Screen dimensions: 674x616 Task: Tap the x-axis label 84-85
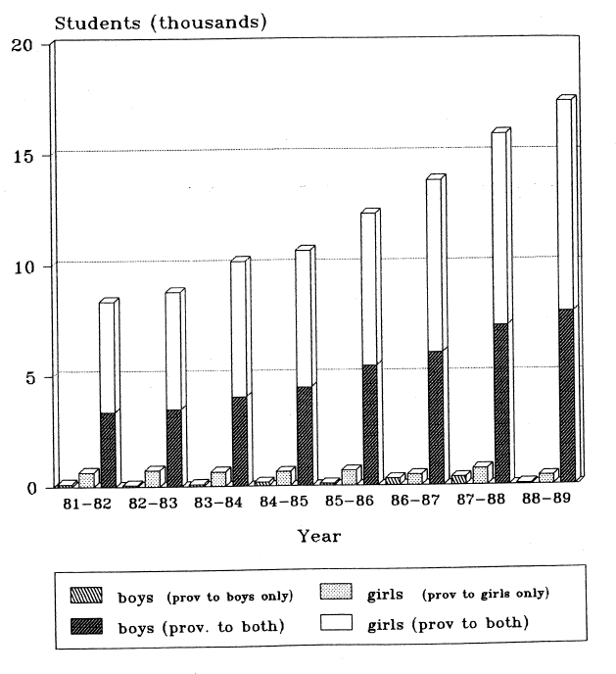click(x=285, y=503)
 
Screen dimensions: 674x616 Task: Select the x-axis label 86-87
click(x=415, y=502)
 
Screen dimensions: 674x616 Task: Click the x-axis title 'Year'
click(x=319, y=536)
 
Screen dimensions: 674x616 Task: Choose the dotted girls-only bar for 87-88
click(x=480, y=473)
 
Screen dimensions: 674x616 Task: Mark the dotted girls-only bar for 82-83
click(x=152, y=477)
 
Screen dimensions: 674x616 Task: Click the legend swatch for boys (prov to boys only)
click(x=84, y=594)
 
